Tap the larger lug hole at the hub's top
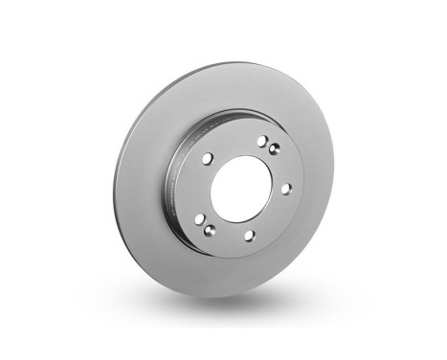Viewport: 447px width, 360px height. pos(261,141)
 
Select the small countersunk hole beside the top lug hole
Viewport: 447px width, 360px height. pos(274,147)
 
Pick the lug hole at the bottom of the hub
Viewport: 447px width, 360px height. pos(248,235)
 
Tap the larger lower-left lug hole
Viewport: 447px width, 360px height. pos(199,219)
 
